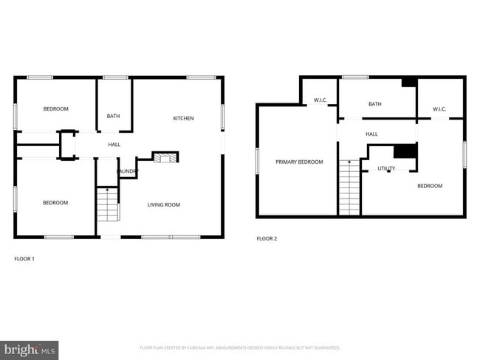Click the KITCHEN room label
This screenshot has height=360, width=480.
[183, 118]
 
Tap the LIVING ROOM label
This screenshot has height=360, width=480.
[164, 204]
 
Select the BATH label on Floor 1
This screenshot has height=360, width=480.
[113, 116]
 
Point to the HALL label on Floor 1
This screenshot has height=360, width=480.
[114, 145]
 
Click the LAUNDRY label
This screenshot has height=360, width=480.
[127, 171]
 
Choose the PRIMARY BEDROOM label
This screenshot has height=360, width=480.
[299, 162]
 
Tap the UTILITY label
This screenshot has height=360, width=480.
[386, 168]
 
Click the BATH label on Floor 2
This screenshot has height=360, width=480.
[375, 104]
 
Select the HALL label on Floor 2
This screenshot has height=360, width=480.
[371, 134]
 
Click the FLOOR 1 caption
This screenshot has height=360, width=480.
[24, 258]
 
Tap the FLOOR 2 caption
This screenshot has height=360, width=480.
[267, 238]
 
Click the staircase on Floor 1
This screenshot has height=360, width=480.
[109, 205]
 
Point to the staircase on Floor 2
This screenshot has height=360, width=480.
[349, 187]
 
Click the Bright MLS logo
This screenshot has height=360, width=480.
[30, 349]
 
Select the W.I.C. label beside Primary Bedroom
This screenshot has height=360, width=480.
[320, 100]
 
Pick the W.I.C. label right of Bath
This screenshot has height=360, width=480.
[439, 109]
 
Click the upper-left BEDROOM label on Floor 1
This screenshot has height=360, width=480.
[55, 109]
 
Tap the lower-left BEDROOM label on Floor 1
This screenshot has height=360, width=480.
[55, 203]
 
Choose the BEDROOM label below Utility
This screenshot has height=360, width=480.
[430, 186]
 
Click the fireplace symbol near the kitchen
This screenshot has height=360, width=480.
[165, 156]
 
